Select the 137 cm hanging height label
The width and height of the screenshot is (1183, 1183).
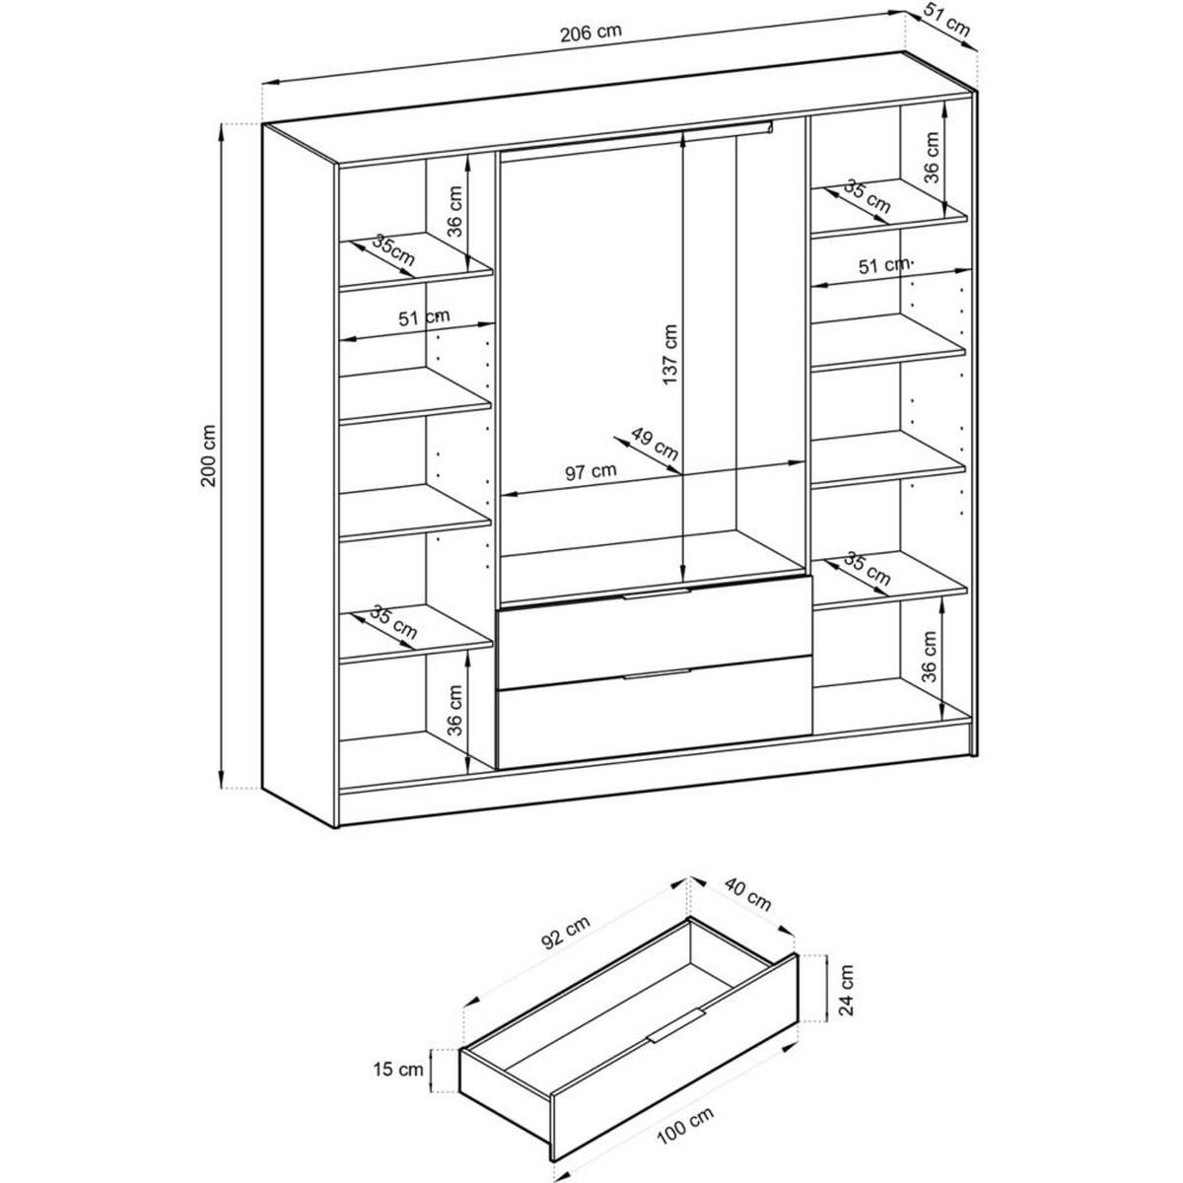pos(669,355)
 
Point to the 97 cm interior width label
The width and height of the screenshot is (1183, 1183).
pos(591,471)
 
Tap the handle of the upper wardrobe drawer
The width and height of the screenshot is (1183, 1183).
pos(657,593)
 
